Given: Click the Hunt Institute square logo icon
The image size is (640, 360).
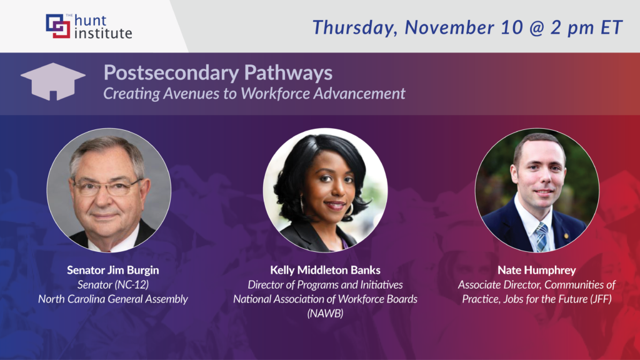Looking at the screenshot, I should coord(57,26).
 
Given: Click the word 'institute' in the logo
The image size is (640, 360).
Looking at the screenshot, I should coord(103,33).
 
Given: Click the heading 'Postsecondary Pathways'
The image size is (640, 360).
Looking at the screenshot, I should coord(217,73).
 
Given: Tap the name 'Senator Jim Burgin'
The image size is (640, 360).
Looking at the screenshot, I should coord(112,271).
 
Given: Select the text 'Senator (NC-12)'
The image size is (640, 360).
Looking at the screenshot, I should coord(112,285).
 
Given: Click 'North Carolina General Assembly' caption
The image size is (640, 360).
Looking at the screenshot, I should coord(112,299).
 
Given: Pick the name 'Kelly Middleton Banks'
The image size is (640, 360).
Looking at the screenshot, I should coord(325,271).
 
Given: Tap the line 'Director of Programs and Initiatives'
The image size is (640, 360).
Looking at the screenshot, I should coord(325,285).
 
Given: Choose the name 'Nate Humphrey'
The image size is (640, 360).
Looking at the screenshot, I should coord(537,271).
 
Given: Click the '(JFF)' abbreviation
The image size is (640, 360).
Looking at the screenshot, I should coord(599,299).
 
